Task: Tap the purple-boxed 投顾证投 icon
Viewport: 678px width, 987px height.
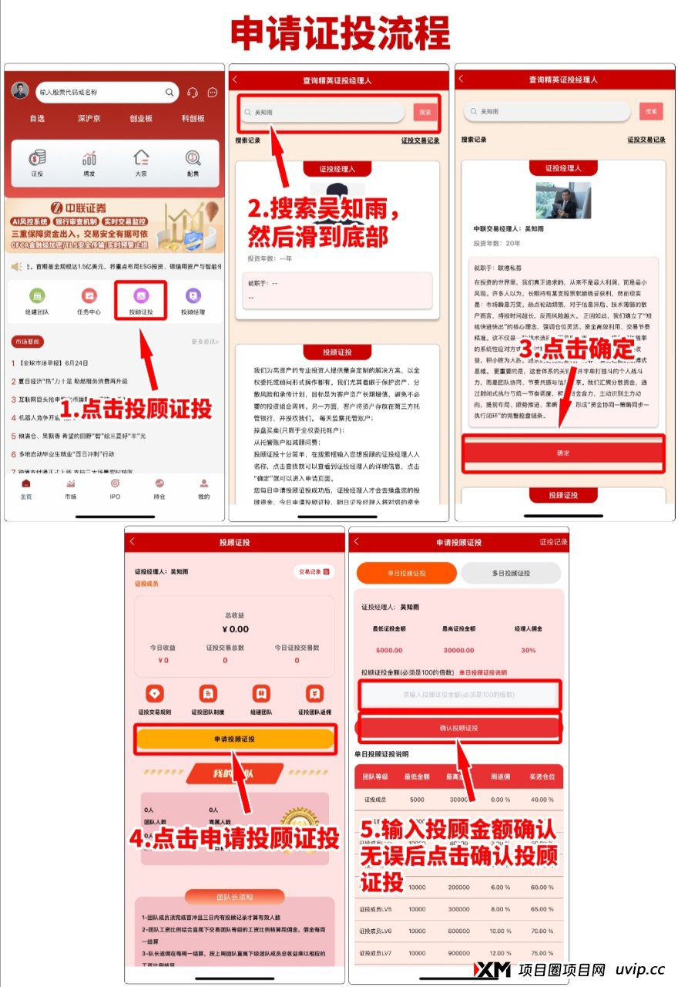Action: pyautogui.click(x=141, y=298)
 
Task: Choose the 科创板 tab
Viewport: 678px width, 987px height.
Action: pyautogui.click(x=193, y=119)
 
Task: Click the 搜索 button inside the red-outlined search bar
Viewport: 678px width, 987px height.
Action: pyautogui.click(x=425, y=113)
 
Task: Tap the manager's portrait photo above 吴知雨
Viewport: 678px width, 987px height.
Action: pyautogui.click(x=562, y=200)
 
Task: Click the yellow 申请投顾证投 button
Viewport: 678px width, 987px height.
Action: pyautogui.click(x=235, y=739)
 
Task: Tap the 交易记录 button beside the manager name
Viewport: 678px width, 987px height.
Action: pyautogui.click(x=314, y=571)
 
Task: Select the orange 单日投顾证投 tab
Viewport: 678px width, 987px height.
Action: pyautogui.click(x=406, y=573)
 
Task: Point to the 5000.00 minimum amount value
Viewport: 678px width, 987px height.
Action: pyautogui.click(x=389, y=649)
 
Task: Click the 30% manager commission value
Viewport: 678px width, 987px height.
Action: pyautogui.click(x=529, y=649)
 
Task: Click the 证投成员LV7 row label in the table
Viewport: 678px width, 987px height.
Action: pyautogui.click(x=377, y=952)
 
